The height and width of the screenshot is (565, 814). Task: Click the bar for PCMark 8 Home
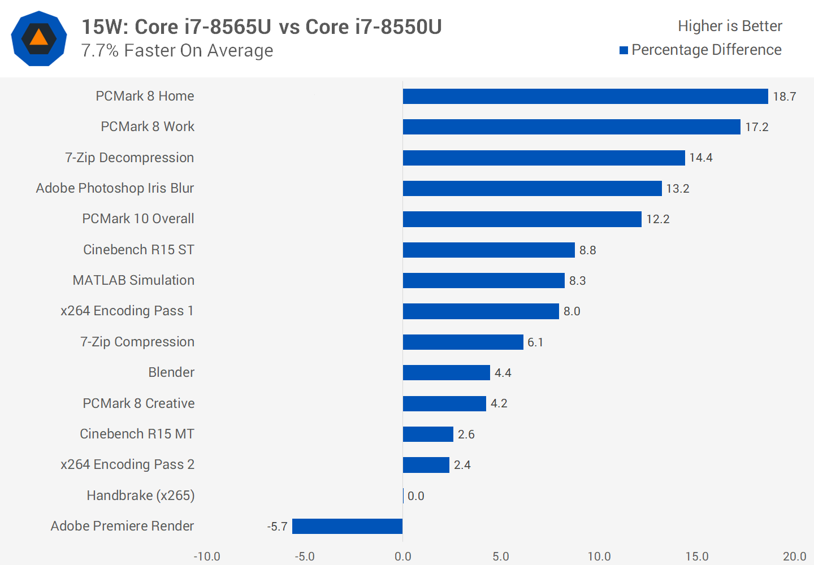(x=585, y=97)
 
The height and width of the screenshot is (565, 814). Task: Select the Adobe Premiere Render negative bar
(x=347, y=527)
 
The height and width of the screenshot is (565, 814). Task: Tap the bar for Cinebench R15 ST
(x=488, y=250)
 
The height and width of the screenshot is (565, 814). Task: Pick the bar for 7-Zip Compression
(x=463, y=342)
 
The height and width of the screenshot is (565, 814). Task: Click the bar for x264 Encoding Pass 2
(x=426, y=465)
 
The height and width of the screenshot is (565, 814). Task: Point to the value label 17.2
(x=756, y=127)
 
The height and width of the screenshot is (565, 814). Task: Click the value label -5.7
(x=277, y=527)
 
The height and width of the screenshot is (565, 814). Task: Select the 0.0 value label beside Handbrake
(x=415, y=496)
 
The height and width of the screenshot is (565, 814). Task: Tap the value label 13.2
(x=677, y=189)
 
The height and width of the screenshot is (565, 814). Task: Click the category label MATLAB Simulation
(x=133, y=280)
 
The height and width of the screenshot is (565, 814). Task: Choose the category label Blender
(x=171, y=372)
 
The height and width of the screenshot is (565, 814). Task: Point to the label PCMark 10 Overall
(x=138, y=219)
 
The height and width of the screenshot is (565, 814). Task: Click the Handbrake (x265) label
(x=141, y=496)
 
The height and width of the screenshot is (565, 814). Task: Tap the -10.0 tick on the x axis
(x=207, y=557)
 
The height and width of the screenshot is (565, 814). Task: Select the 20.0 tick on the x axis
(x=794, y=557)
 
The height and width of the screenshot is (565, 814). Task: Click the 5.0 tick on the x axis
(x=501, y=557)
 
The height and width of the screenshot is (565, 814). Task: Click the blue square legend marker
(x=624, y=50)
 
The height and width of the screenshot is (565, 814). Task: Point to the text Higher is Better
(x=730, y=26)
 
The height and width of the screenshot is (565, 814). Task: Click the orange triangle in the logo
(x=38, y=38)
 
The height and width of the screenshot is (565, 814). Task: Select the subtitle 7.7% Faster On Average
(x=177, y=51)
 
